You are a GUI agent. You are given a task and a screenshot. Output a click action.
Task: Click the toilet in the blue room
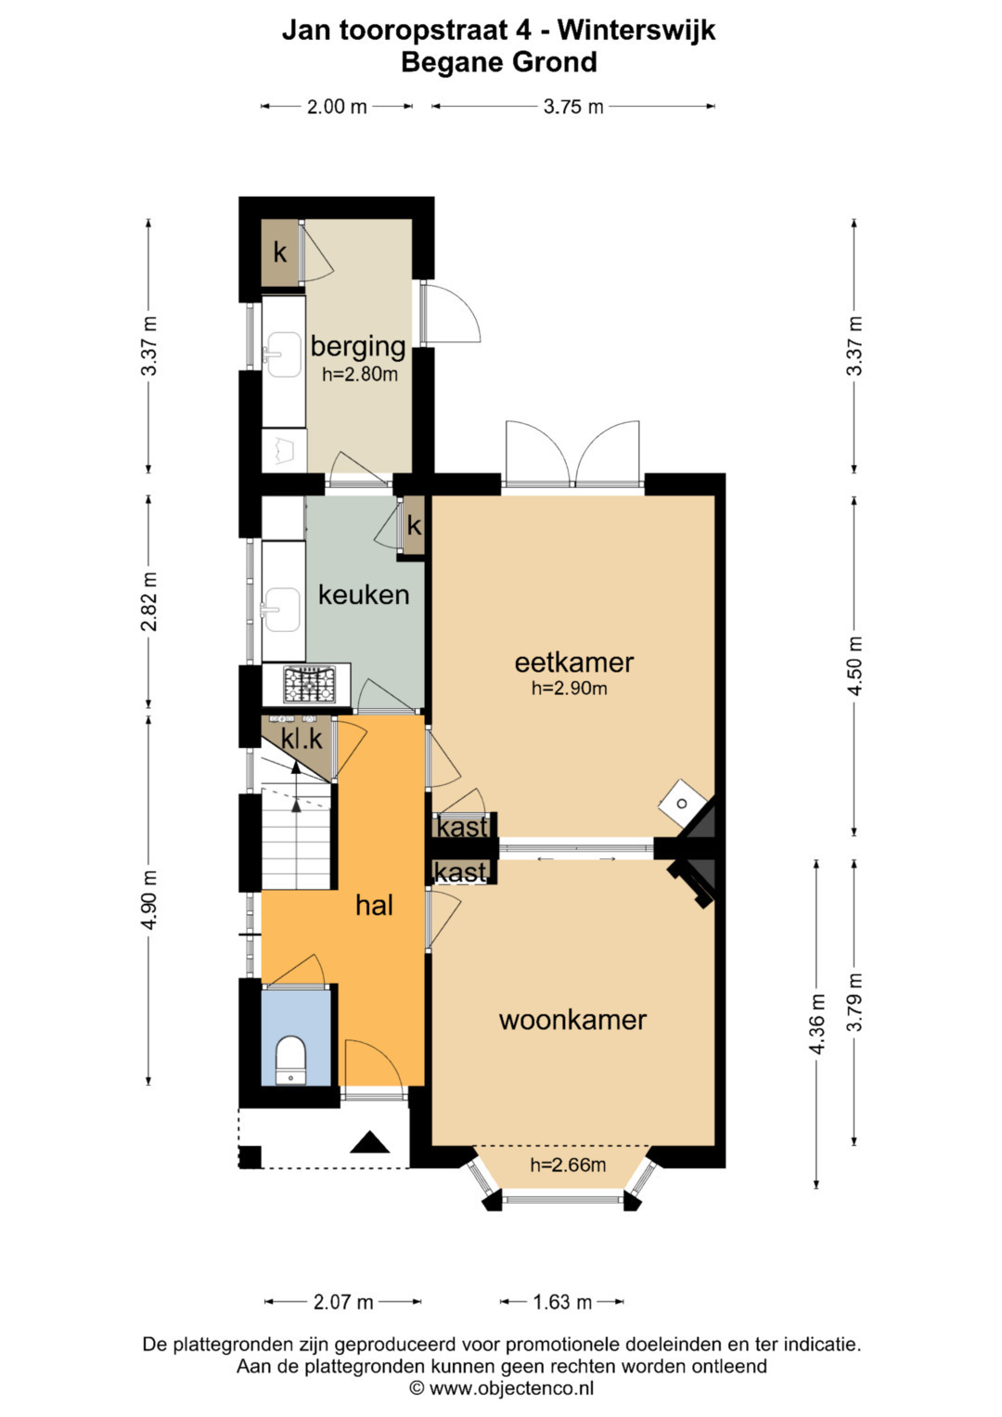(x=291, y=1060)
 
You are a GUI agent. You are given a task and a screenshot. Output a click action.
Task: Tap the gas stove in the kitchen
(x=309, y=685)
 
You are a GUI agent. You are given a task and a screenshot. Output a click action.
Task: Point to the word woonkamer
(x=572, y=1021)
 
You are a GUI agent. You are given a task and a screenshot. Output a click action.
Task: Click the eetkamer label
(x=573, y=663)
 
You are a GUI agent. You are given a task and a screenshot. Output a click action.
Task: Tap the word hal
(x=374, y=906)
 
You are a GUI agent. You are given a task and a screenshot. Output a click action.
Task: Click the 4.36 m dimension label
(x=817, y=1024)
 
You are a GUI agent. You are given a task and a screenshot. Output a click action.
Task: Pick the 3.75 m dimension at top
(x=573, y=107)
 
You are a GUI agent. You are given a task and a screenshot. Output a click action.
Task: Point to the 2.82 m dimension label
(x=149, y=601)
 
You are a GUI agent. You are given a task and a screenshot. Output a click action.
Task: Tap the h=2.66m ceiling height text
(x=568, y=1165)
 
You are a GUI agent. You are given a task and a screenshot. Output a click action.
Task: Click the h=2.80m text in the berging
(x=360, y=374)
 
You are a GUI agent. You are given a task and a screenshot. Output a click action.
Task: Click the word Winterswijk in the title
(x=636, y=30)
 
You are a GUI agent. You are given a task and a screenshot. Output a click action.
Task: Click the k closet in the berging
(x=280, y=253)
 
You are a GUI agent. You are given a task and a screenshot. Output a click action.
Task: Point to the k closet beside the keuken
(x=414, y=525)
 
